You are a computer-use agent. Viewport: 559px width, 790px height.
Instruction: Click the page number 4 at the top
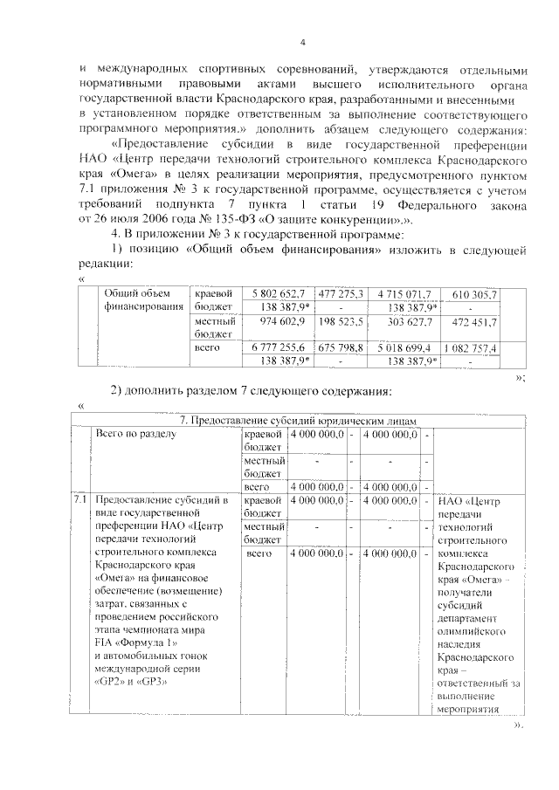pyautogui.click(x=302, y=44)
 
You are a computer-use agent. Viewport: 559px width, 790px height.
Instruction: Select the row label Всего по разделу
pyautogui.click(x=136, y=433)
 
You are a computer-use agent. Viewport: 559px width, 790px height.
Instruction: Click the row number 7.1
pyautogui.click(x=79, y=500)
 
